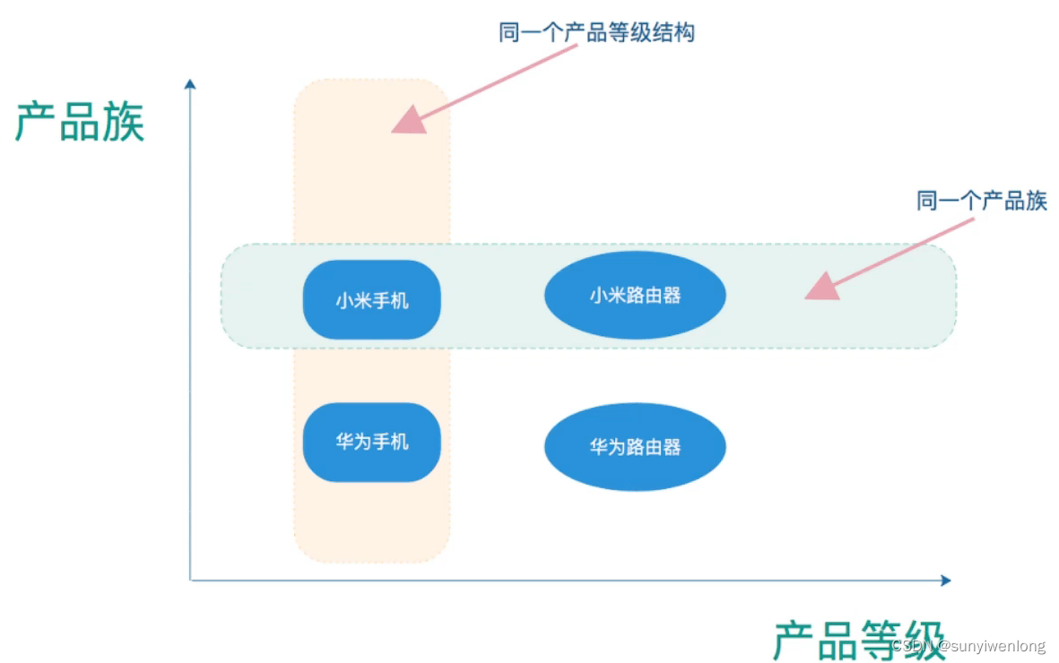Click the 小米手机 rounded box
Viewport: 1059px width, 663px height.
point(371,300)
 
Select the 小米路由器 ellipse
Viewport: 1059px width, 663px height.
point(635,295)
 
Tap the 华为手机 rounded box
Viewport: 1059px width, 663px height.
point(371,443)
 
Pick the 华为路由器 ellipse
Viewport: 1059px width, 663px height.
point(635,446)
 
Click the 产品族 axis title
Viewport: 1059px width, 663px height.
point(80,122)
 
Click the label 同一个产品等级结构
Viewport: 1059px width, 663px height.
point(596,33)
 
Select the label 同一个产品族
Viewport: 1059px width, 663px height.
point(982,200)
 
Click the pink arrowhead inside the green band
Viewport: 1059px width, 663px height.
point(821,287)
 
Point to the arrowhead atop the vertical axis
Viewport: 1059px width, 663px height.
point(189,84)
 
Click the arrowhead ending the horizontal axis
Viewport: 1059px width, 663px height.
point(944,581)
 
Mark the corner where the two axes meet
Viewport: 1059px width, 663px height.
point(190,581)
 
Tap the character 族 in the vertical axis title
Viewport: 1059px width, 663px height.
point(124,122)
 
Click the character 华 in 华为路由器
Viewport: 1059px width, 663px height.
point(599,447)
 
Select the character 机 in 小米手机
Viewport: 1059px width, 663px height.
point(399,301)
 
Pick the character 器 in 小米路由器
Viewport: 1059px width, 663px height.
point(671,296)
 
